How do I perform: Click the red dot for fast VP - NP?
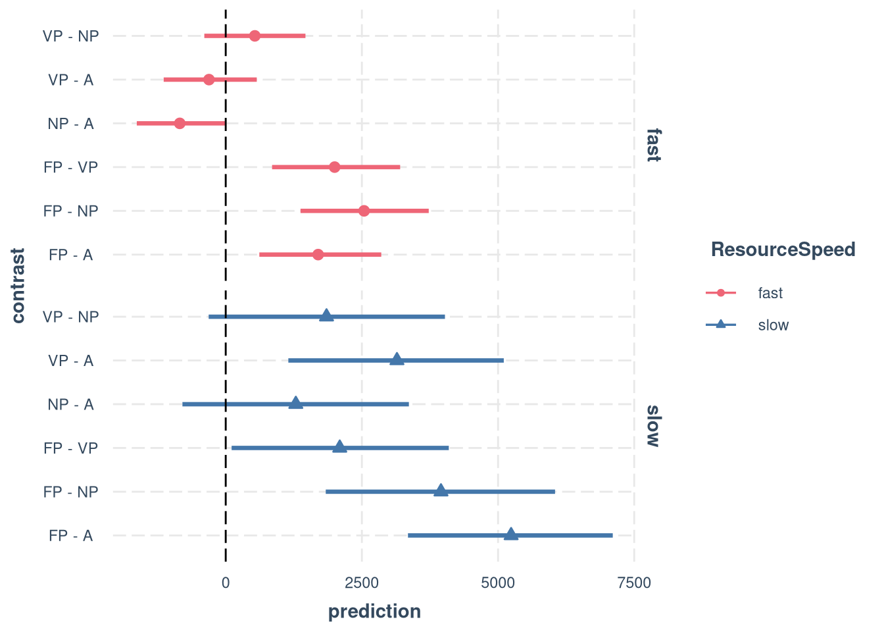tap(255, 36)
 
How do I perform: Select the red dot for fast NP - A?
tap(180, 123)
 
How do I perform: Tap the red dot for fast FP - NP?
tap(364, 211)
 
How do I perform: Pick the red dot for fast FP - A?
tap(318, 255)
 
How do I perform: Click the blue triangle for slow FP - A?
tap(511, 535)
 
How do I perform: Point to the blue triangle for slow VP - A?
tap(397, 359)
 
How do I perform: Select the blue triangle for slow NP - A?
tap(296, 403)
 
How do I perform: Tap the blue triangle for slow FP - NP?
tap(441, 490)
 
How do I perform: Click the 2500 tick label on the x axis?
tap(362, 583)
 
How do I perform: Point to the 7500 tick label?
tap(634, 583)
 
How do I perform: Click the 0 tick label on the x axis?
tap(226, 583)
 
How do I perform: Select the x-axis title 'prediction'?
tap(374, 612)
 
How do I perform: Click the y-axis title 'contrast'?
tap(18, 286)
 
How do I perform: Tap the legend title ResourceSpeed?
tap(783, 250)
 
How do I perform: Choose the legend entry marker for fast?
tap(721, 293)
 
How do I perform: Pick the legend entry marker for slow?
tap(721, 325)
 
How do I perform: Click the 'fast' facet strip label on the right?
tap(652, 145)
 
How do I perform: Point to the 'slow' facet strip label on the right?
tap(652, 426)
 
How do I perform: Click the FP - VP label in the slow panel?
tap(70, 448)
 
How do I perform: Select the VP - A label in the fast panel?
tap(70, 80)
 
